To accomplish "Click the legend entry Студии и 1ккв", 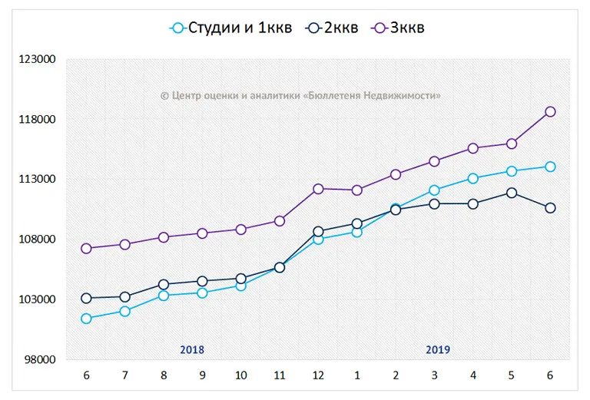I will tap(230, 28).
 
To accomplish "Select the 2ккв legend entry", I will tap(331, 28).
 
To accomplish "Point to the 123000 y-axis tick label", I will tap(39, 60).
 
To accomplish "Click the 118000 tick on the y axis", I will tap(39, 120).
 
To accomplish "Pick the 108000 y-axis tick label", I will tap(39, 240).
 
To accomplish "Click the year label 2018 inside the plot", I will tap(192, 349).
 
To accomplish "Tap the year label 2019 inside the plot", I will tap(438, 349).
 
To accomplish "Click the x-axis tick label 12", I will tap(318, 375).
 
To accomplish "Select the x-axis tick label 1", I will tap(356, 375).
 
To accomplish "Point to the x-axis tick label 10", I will tap(240, 375).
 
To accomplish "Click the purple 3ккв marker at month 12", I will tap(318, 188).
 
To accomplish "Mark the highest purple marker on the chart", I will tap(550, 111).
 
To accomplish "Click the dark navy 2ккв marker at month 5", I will tap(512, 193).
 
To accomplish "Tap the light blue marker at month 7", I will tap(125, 311).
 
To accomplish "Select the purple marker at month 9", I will tap(202, 233).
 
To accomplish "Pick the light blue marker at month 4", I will tap(472, 178).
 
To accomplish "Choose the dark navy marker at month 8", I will tap(164, 284).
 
